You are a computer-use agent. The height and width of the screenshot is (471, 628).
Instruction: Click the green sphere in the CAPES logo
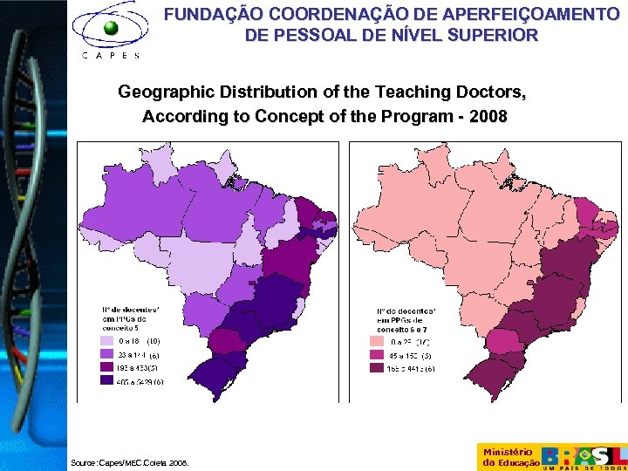coord(111,28)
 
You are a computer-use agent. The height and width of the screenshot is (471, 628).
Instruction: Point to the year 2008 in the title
coord(488,116)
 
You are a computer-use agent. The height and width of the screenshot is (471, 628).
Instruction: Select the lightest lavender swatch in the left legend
coord(106,341)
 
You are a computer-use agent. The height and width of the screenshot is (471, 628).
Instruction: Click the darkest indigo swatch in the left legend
coord(106,380)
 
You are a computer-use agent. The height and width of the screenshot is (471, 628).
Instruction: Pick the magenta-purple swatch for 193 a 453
coord(106,367)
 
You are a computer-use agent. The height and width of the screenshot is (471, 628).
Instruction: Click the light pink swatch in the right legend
coord(377,342)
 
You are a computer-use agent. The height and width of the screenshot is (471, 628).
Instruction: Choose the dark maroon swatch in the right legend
coord(377,368)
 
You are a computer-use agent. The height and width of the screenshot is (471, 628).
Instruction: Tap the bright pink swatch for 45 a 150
coord(377,355)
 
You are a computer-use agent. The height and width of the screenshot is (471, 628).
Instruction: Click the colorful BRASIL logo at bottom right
coord(584,456)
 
